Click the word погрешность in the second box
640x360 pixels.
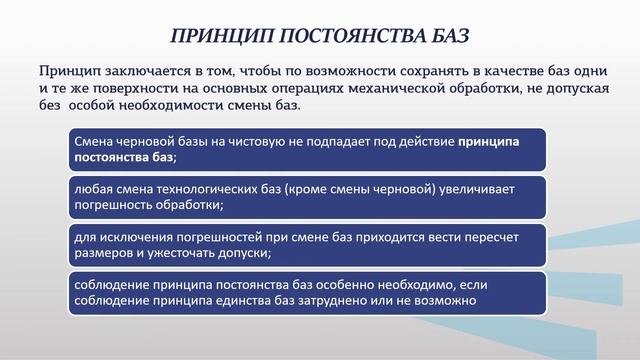[x=112, y=204]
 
